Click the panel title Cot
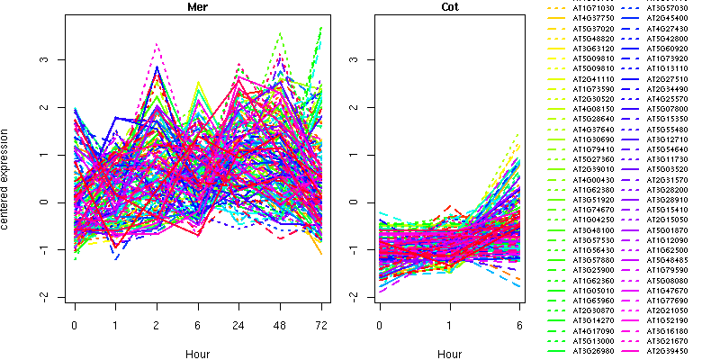[450, 7]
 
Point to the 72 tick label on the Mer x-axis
[321, 322]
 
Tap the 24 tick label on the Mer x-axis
[238, 322]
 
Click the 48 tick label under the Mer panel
[280, 322]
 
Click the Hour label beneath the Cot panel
[450, 355]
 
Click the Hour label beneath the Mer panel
[198, 355]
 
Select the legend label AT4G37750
[593, 17]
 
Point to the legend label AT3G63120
[593, 49]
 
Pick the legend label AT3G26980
[593, 352]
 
